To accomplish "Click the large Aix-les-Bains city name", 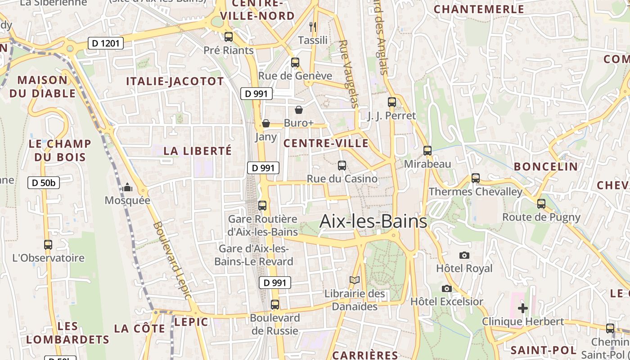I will pyautogui.click(x=373, y=221).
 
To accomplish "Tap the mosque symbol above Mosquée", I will pyautogui.click(x=127, y=187).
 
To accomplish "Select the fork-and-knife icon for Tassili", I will pyautogui.click(x=313, y=27).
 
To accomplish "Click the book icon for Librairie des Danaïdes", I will pyautogui.click(x=355, y=280).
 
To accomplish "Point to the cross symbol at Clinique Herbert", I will pyautogui.click(x=522, y=308).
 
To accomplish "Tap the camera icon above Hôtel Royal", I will pyautogui.click(x=464, y=255).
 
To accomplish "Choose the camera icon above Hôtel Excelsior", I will pyautogui.click(x=446, y=288).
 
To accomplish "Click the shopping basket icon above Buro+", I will pyautogui.click(x=298, y=110).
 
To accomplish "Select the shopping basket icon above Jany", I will pyautogui.click(x=266, y=123).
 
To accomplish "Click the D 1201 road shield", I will pyautogui.click(x=105, y=43).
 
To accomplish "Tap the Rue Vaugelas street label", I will pyautogui.click(x=349, y=74).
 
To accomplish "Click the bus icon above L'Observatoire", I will pyautogui.click(x=48, y=245).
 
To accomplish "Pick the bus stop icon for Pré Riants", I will pyautogui.click(x=229, y=37).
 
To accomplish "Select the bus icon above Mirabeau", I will pyautogui.click(x=427, y=151).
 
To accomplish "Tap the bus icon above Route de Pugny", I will pyautogui.click(x=541, y=204).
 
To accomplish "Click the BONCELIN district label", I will pyautogui.click(x=545, y=166).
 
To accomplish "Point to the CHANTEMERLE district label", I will pyautogui.click(x=479, y=9).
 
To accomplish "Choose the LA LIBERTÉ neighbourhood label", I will pyautogui.click(x=198, y=151).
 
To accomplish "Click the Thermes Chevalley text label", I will pyautogui.click(x=475, y=192).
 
